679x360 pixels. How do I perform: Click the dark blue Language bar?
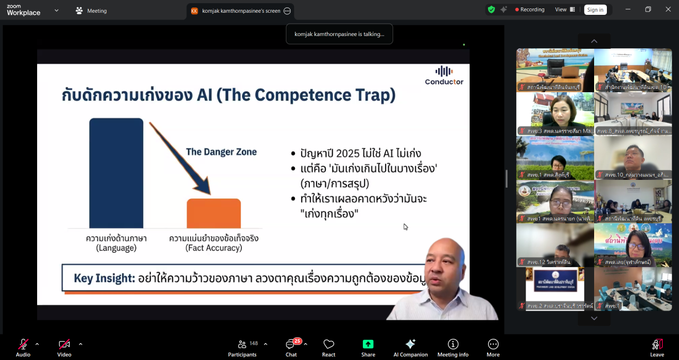coord(116,173)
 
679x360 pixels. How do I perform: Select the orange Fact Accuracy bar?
coord(213,213)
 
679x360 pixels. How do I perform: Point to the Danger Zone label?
coord(221,152)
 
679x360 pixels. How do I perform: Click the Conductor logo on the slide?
coord(444,75)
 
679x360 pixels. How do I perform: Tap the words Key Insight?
coord(104,278)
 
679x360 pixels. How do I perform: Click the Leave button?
coord(657,348)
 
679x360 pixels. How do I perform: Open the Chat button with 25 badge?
coord(291,348)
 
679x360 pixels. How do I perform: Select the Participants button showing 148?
coord(242,348)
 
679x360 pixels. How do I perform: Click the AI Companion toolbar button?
coord(410,348)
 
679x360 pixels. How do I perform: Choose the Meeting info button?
coord(452,348)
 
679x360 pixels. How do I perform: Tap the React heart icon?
coord(329,345)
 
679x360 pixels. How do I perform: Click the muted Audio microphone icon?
coord(23,345)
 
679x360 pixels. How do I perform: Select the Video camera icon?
coord(64,345)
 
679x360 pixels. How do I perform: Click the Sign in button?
coord(595,10)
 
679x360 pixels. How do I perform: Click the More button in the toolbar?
coord(493,348)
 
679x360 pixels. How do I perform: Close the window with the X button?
coord(668,10)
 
